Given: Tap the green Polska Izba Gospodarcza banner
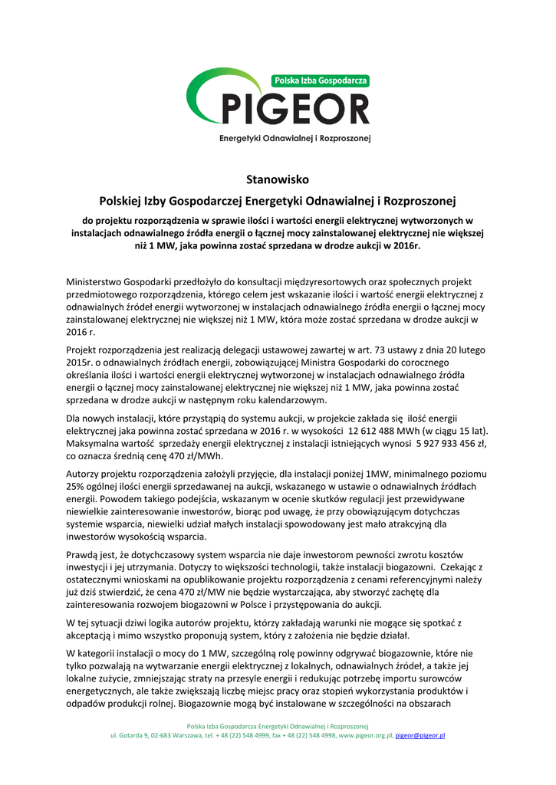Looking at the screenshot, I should tap(321, 80).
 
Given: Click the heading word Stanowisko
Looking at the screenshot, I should tap(277, 180).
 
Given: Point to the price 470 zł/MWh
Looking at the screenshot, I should tap(169, 457).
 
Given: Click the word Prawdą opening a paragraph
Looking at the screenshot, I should tap(85, 554).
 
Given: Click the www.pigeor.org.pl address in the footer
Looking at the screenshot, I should tap(365, 735).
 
